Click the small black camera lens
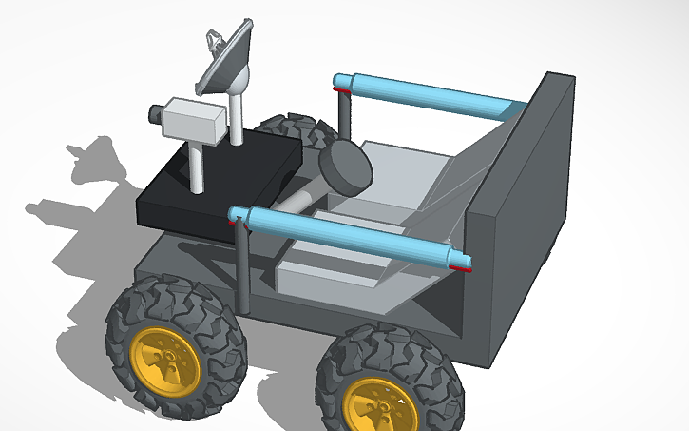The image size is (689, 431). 153,114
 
